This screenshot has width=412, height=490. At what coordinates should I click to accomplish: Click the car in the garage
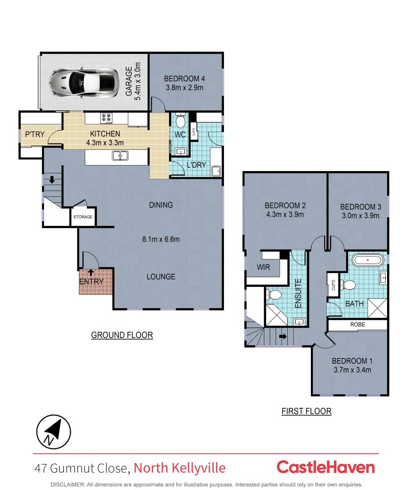tap(85, 82)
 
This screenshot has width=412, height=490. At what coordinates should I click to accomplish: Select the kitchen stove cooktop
tap(107, 118)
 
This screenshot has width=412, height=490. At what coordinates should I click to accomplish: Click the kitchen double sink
tap(120, 156)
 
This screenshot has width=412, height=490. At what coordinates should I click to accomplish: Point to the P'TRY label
tap(34, 134)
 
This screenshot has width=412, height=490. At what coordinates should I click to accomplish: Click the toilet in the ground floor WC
tap(180, 121)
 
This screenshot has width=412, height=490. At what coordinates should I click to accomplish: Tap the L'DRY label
tap(196, 165)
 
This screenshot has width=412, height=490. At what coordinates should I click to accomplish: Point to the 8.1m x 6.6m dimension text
tap(161, 239)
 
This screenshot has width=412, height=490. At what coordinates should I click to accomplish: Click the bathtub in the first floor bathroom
tap(368, 261)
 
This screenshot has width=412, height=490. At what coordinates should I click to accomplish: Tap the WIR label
tap(263, 267)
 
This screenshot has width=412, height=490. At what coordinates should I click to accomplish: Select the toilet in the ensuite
tap(273, 295)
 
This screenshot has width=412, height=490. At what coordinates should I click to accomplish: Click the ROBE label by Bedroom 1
tap(357, 325)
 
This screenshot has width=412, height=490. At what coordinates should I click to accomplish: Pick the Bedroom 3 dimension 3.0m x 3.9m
tap(360, 216)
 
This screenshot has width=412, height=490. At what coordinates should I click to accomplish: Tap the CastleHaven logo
tap(325, 467)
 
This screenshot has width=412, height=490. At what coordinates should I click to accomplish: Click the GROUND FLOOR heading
tap(122, 335)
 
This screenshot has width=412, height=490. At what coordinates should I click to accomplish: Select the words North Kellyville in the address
tap(179, 468)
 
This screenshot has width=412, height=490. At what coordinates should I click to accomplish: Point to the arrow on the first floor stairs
tap(283, 337)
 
